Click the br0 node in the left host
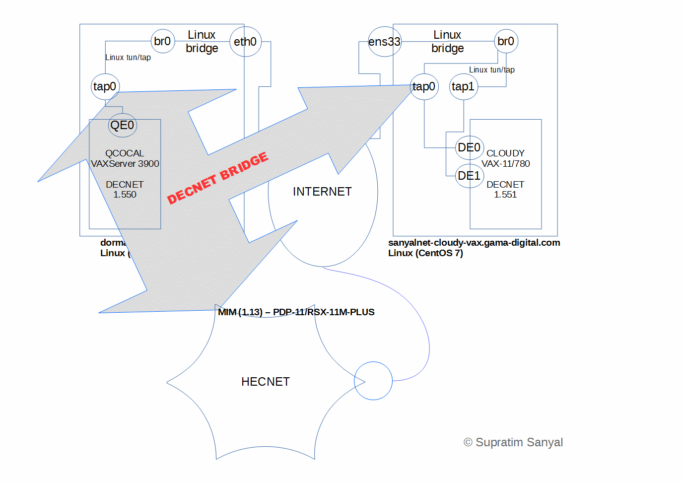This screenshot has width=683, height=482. (163, 41)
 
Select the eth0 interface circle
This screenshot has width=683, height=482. (245, 42)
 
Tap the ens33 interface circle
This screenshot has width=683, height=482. (384, 42)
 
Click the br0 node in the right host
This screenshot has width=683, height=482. (506, 41)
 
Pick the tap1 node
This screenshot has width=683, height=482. (463, 86)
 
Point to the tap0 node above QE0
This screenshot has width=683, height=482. (105, 86)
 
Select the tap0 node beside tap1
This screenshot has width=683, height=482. (424, 86)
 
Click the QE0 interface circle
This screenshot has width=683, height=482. (122, 125)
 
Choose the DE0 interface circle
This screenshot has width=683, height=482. (469, 147)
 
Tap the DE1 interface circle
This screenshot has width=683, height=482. (469, 176)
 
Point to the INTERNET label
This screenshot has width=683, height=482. (322, 192)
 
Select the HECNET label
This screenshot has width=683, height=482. (265, 382)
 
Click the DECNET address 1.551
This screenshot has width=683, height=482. (505, 195)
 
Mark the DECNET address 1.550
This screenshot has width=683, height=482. (125, 195)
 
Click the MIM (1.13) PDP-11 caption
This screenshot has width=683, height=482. (296, 312)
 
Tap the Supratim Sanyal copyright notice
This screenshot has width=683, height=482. (513, 442)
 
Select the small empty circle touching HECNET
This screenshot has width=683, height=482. (373, 381)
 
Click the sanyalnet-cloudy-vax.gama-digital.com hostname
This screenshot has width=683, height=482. (474, 243)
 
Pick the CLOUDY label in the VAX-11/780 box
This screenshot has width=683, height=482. (505, 153)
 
